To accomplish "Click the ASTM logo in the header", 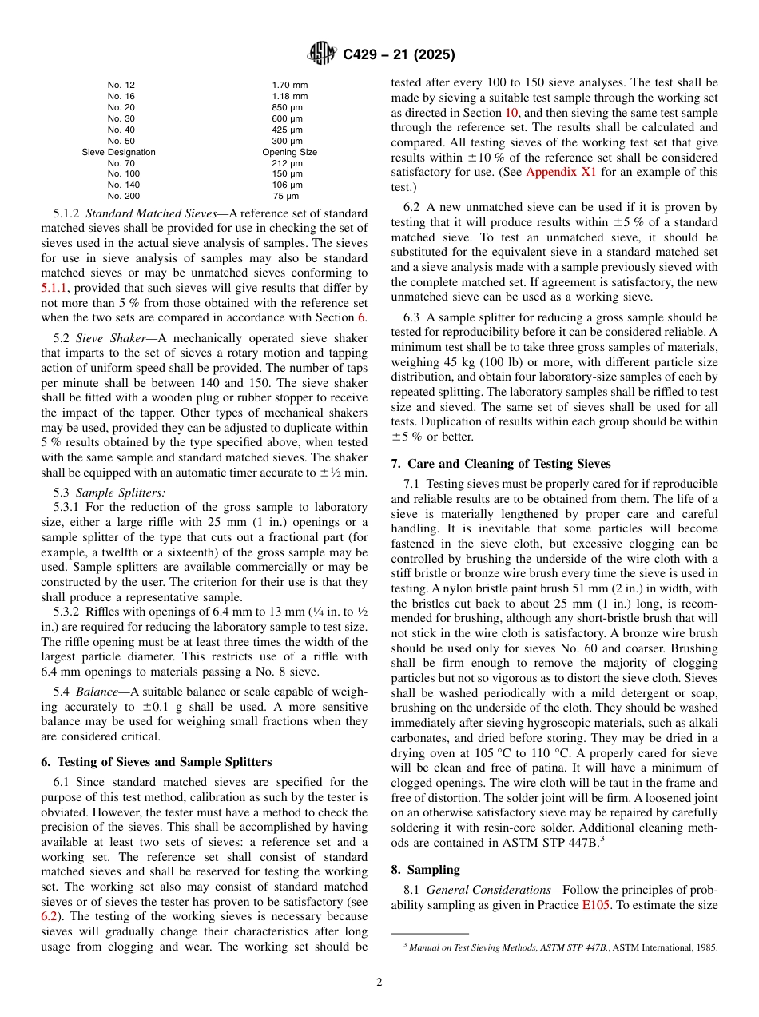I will (x=322, y=55).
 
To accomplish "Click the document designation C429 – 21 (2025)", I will (x=399, y=55).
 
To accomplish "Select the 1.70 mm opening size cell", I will (x=289, y=85).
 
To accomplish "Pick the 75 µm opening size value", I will (x=288, y=196).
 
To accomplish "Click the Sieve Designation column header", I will (x=118, y=152).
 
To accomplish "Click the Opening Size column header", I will (x=289, y=152).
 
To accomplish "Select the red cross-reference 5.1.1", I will (x=54, y=287).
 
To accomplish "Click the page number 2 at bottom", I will (x=379, y=983).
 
